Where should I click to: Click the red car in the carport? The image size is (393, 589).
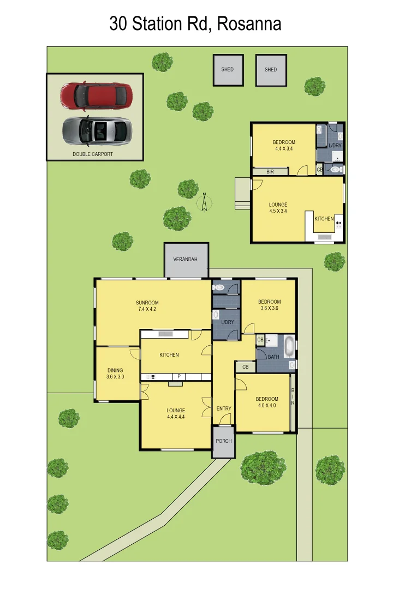point(96,95)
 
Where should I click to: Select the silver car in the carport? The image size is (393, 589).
point(96,130)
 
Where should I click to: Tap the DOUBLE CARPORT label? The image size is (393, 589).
point(93,154)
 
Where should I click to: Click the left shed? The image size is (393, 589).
point(228,70)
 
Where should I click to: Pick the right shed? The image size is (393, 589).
point(271,70)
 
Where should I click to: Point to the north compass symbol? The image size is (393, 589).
point(204,203)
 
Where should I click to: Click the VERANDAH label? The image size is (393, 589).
point(186,260)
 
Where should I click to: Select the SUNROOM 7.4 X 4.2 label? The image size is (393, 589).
point(147,306)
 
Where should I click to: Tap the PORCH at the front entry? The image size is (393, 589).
point(223,441)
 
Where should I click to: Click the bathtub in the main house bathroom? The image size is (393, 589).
point(289,346)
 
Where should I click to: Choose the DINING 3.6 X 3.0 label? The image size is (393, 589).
point(115,374)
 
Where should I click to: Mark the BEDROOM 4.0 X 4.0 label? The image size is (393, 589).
point(267,402)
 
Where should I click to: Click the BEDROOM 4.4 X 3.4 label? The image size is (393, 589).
point(284,146)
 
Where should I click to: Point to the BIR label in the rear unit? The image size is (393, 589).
point(270,172)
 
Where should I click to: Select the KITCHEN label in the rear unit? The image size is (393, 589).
point(324,219)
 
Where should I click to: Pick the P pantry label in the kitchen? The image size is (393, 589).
point(178,376)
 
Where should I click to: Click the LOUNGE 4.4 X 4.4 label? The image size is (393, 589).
point(176,413)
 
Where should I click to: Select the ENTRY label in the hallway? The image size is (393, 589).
point(223,408)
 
